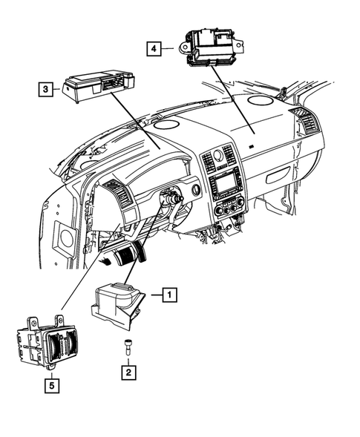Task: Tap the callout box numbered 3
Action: click(x=46, y=90)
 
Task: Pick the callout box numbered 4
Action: click(x=153, y=49)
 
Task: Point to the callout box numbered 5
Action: click(x=50, y=384)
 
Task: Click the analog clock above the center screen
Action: click(x=218, y=155)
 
